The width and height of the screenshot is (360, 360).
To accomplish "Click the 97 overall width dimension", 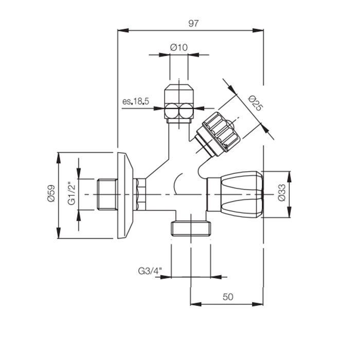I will click(193, 24).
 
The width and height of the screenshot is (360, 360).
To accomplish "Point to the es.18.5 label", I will click(136, 101).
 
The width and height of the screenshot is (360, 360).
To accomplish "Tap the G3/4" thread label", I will click(150, 270).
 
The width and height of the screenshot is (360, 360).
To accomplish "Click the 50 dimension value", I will click(228, 296).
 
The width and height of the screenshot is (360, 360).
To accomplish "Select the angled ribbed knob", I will click(220, 132).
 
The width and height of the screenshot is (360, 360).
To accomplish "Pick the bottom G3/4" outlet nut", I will click(190, 228).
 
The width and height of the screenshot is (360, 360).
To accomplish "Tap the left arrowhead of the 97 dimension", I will click(121, 30).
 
